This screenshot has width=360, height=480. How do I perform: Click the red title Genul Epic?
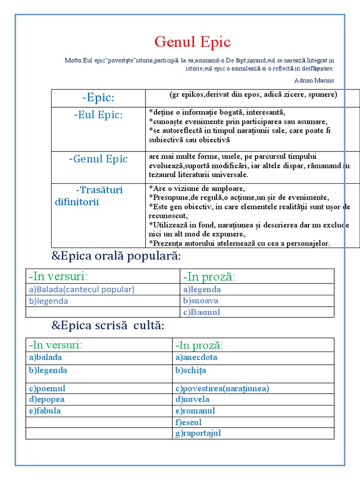click(193, 42)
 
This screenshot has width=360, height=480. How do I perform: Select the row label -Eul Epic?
click(98, 115)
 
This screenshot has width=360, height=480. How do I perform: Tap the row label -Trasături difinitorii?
click(89, 196)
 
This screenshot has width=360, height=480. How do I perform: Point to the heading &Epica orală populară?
click(115, 257)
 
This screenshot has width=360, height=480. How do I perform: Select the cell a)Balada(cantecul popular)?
click(82, 289)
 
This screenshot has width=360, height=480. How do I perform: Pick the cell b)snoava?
click(201, 301)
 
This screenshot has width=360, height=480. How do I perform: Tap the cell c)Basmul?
click(202, 312)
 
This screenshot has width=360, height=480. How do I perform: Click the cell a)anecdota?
click(196, 357)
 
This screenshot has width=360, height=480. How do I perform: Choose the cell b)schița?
click(191, 370)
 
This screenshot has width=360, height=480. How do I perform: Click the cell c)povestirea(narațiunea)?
click(222, 388)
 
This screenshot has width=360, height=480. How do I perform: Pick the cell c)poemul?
click(47, 388)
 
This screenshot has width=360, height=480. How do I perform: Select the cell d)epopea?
click(47, 399)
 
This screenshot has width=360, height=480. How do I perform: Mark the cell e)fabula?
click(45, 411)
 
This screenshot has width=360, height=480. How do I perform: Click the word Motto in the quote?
click(73, 60)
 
